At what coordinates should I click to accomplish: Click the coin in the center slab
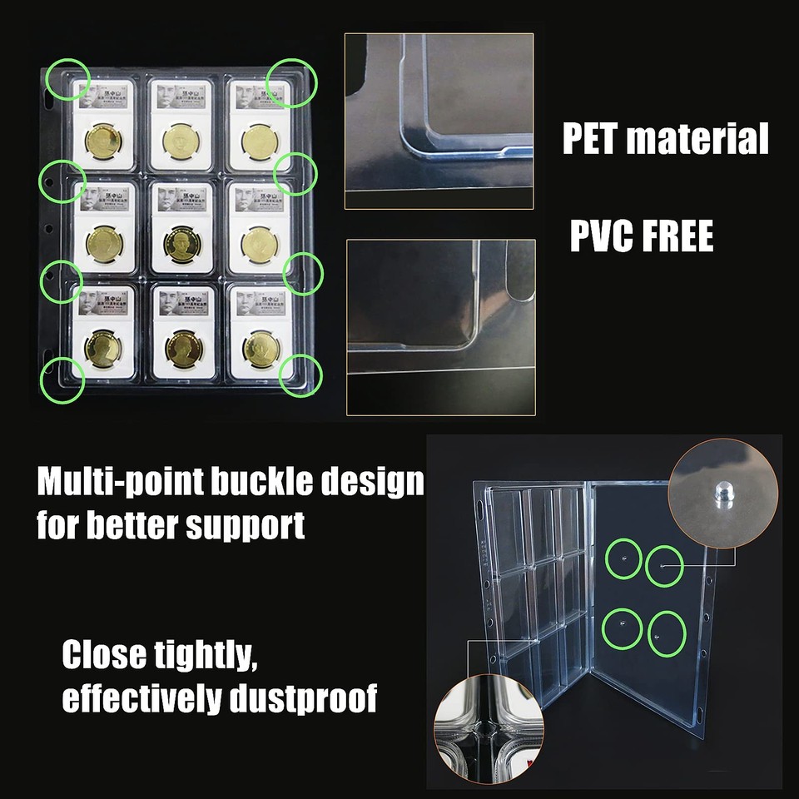pos(182,245)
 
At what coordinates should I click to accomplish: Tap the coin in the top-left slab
pos(103,141)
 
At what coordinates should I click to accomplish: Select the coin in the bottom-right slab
pos(261,350)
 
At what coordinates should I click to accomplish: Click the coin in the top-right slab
pos(260,141)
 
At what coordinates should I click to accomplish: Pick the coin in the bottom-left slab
pos(103,349)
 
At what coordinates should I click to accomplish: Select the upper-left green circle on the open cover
pos(624,561)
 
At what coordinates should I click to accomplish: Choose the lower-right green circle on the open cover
pos(666,633)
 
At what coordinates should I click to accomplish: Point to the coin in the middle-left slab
pos(104,245)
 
